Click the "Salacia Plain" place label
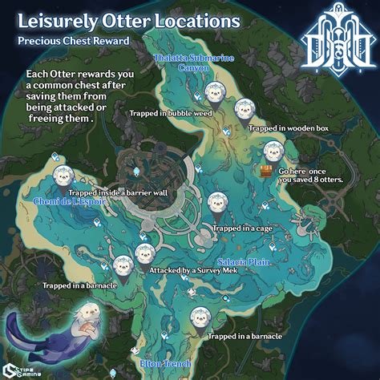click(244, 262)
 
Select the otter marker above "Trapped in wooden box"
click(244, 110)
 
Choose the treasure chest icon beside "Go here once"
click(264, 170)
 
